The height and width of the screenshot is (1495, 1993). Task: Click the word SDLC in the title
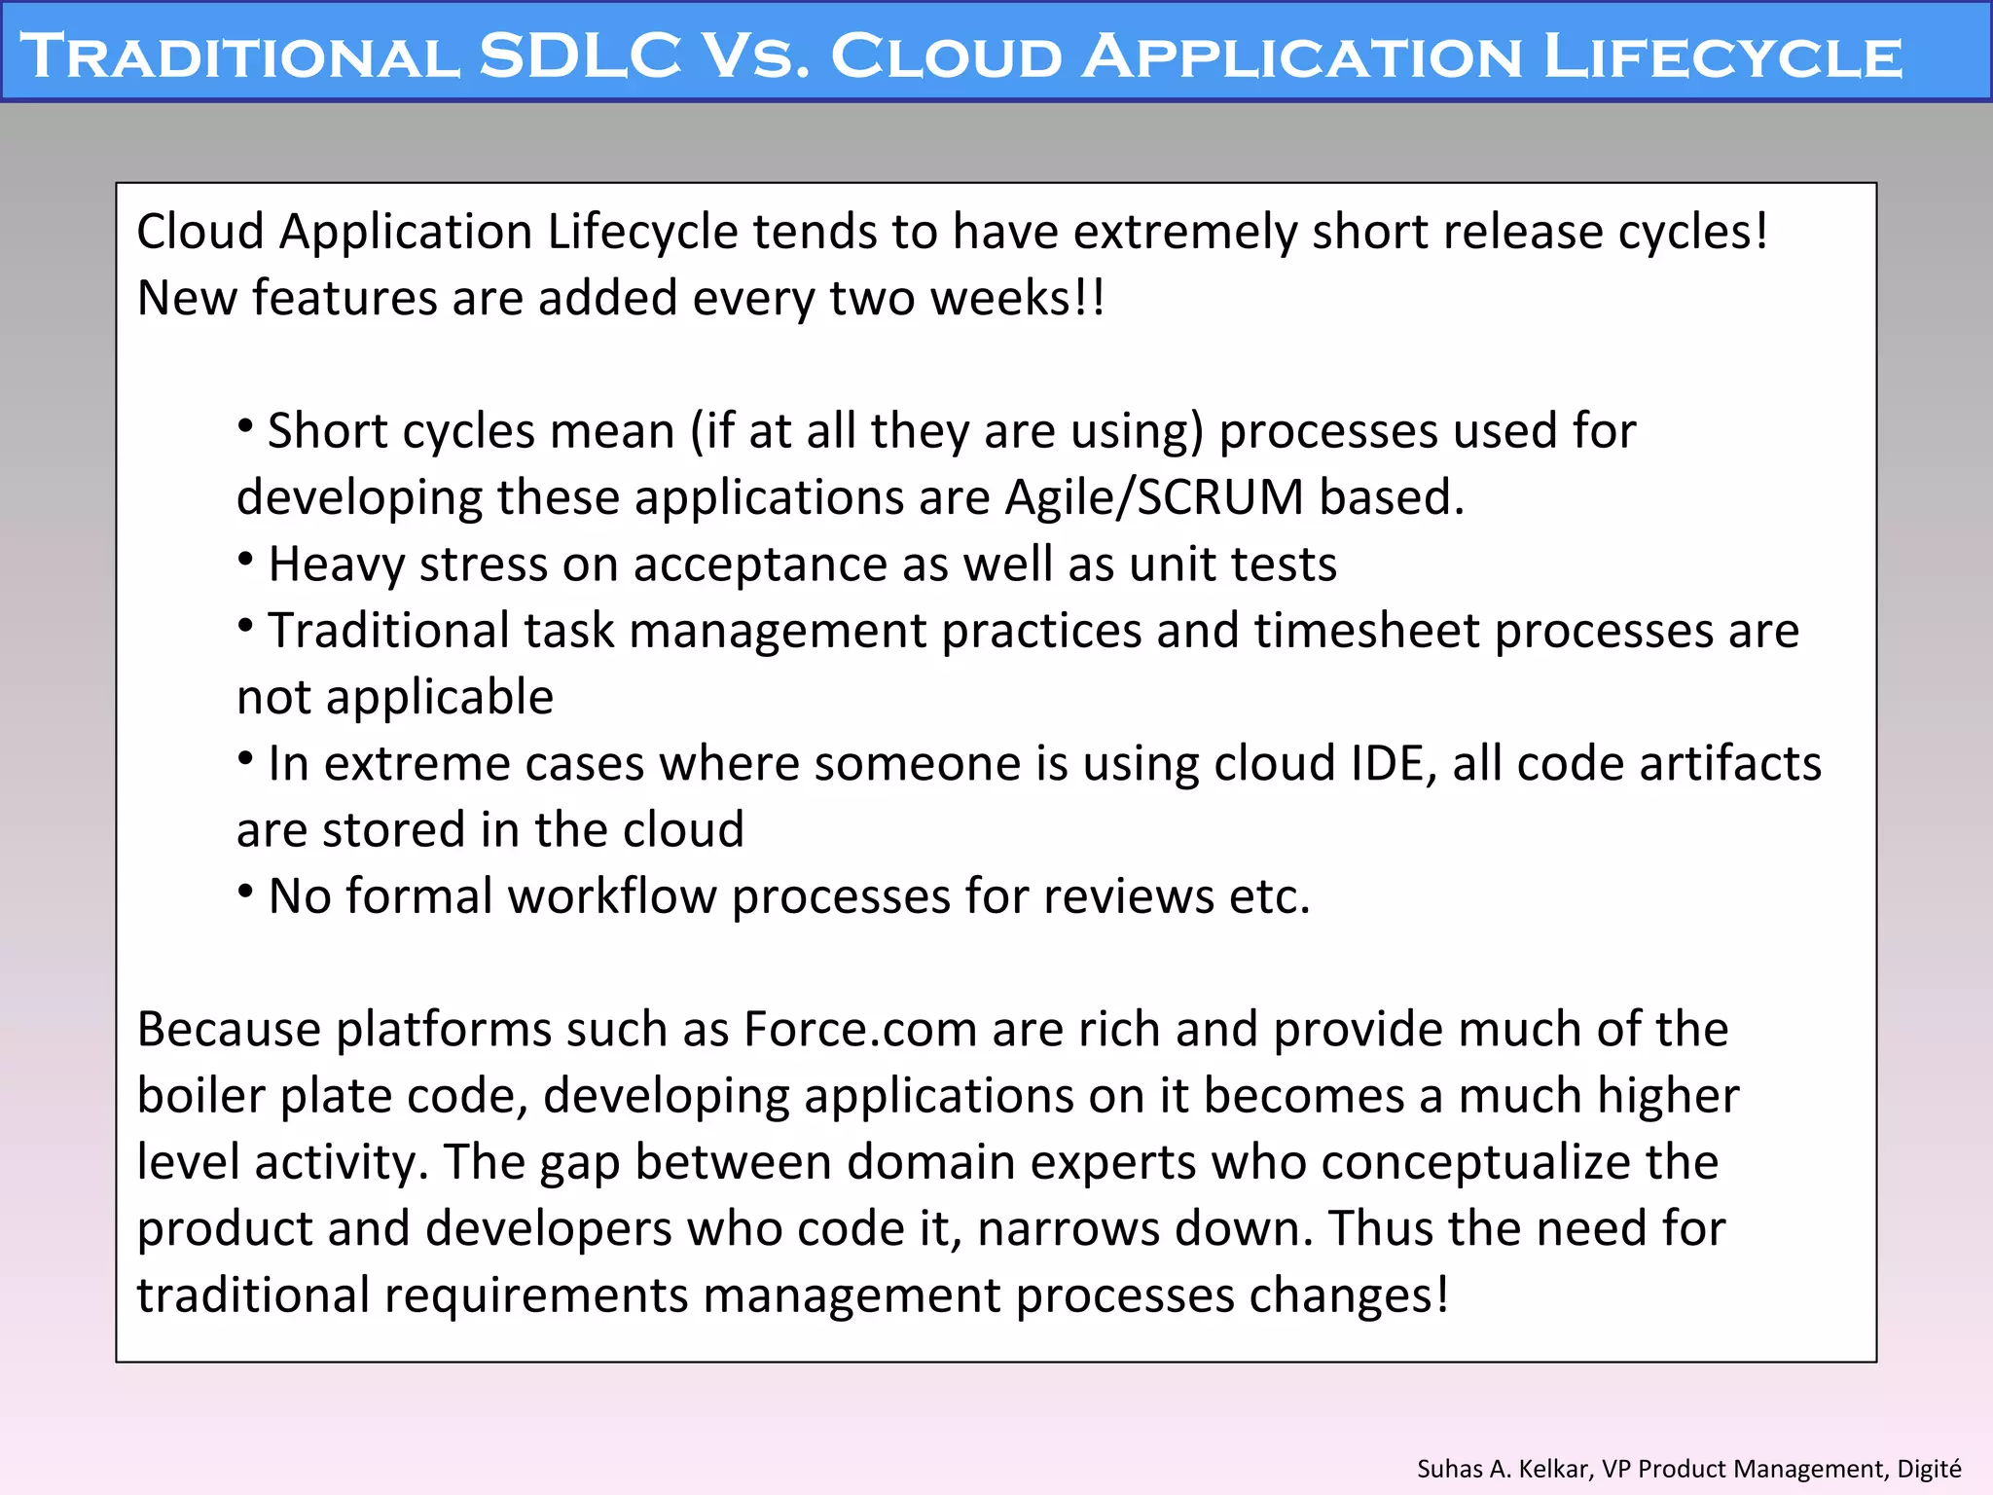(580, 55)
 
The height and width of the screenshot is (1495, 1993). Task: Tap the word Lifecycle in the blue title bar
(1722, 55)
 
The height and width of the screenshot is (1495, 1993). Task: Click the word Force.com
(860, 1030)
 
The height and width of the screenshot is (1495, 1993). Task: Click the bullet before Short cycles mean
(246, 426)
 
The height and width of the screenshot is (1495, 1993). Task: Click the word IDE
(1394, 763)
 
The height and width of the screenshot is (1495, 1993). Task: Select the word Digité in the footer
(1929, 1468)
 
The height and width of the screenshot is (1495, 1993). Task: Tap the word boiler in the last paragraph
(201, 1096)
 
